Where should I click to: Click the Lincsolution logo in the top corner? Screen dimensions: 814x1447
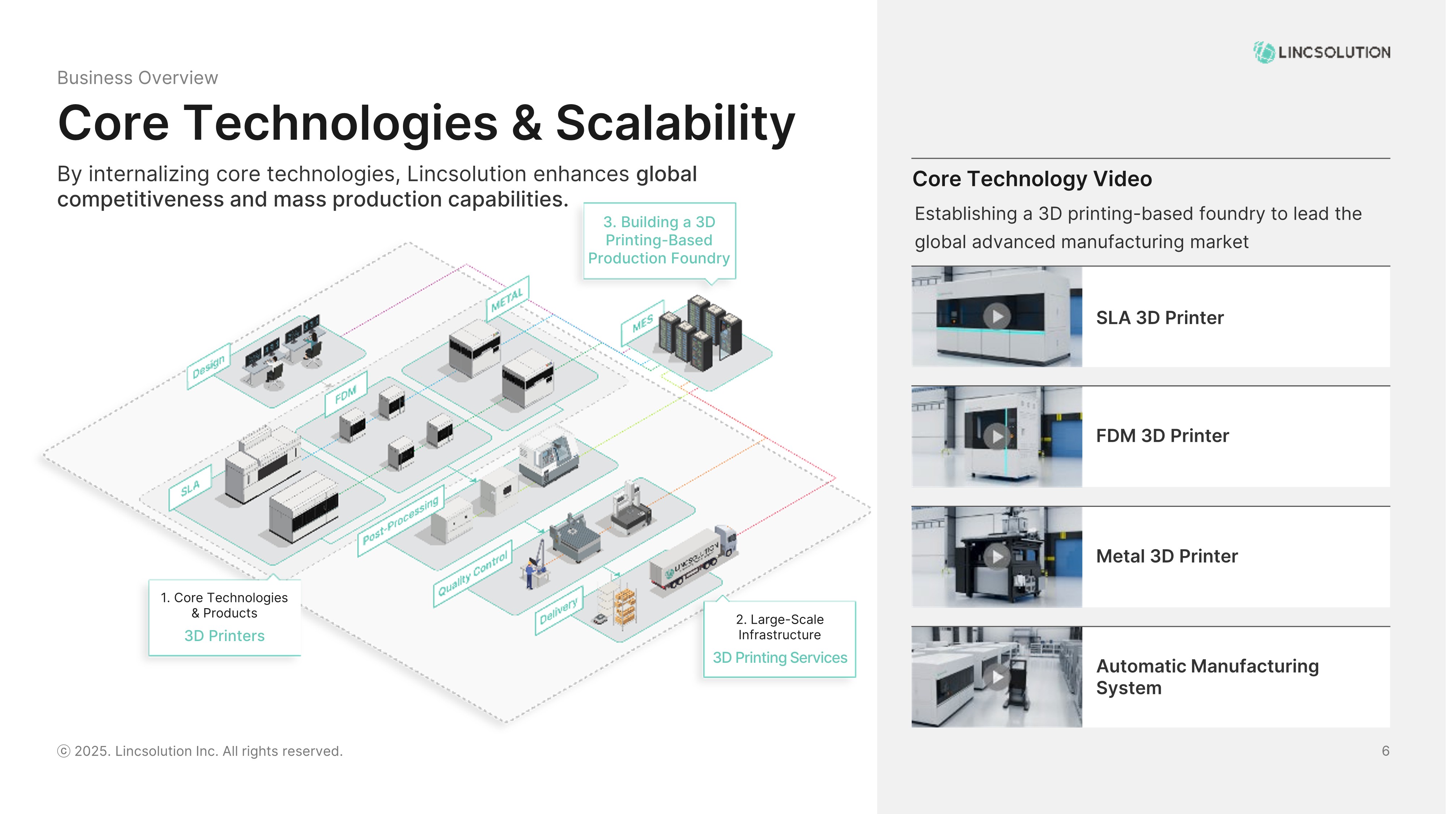point(1321,52)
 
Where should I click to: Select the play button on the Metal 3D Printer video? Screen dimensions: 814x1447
point(997,557)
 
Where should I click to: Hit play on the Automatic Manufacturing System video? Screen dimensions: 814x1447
point(997,677)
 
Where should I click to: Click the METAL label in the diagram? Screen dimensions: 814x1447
point(507,298)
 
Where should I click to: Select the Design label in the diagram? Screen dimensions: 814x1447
point(208,366)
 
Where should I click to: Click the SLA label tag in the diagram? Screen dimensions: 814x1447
point(190,488)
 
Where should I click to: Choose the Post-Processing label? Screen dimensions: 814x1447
point(400,520)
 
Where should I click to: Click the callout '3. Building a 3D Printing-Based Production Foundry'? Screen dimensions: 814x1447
point(659,241)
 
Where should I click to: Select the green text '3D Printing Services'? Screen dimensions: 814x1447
point(780,658)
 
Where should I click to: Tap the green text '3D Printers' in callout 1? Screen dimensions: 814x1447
point(224,636)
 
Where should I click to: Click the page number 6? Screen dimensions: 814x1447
point(1385,751)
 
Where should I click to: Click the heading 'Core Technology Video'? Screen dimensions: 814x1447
point(1032,179)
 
